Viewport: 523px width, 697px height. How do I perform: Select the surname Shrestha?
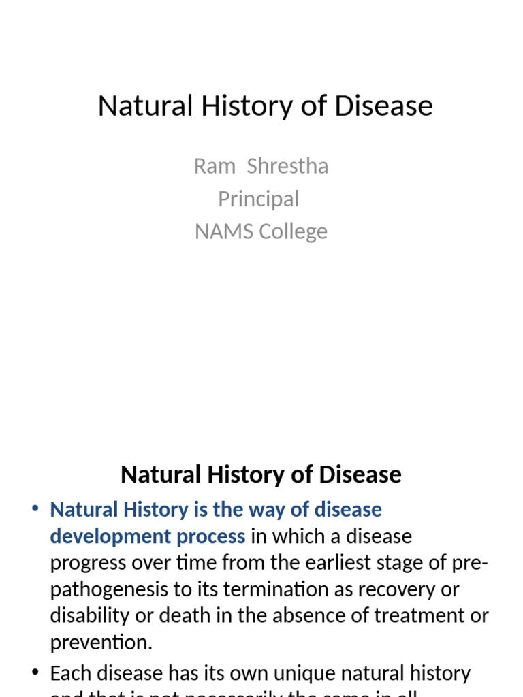287,166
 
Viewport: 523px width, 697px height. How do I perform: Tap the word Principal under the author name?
258,199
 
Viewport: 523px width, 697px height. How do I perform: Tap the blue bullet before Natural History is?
35,510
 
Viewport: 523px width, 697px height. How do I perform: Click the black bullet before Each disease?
35,673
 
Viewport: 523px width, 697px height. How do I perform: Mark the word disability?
89,616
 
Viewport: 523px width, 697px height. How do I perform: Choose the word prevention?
100,643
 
